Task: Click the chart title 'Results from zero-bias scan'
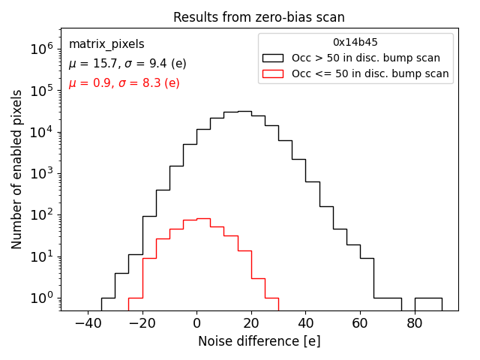click(x=259, y=17)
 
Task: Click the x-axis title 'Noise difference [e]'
click(x=259, y=341)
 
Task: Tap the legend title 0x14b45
click(x=355, y=42)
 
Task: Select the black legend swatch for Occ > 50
click(x=273, y=58)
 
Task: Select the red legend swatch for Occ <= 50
click(x=273, y=73)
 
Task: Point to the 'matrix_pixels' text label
click(x=106, y=44)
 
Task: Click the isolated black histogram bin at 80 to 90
click(x=428, y=298)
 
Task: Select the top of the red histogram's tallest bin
click(x=203, y=219)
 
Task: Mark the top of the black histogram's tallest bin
click(x=244, y=111)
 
